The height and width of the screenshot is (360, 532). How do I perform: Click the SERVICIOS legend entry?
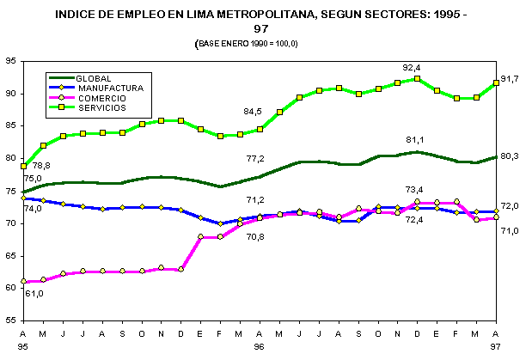(x=101, y=107)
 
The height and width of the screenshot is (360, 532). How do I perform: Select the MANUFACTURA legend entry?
(x=109, y=87)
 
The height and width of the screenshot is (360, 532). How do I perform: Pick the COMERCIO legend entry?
(x=103, y=97)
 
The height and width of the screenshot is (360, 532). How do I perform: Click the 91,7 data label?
(x=509, y=79)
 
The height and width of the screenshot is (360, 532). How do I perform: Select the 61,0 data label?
(x=34, y=294)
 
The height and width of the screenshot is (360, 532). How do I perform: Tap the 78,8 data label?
(x=41, y=165)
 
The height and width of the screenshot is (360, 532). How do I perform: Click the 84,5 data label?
(x=253, y=112)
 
